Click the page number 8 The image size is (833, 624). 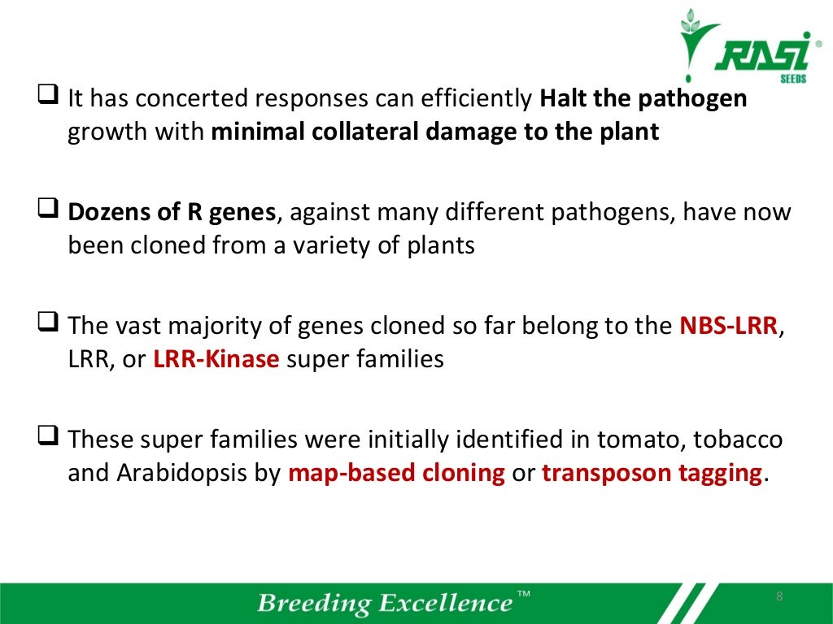pyautogui.click(x=778, y=598)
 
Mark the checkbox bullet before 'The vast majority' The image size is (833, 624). pyautogui.click(x=47, y=327)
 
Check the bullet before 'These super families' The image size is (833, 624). pyautogui.click(x=47, y=440)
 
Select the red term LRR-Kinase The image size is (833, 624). pyautogui.click(x=216, y=359)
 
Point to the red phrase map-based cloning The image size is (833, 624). pyautogui.click(x=397, y=473)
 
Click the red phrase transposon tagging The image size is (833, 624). pyautogui.click(x=653, y=473)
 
